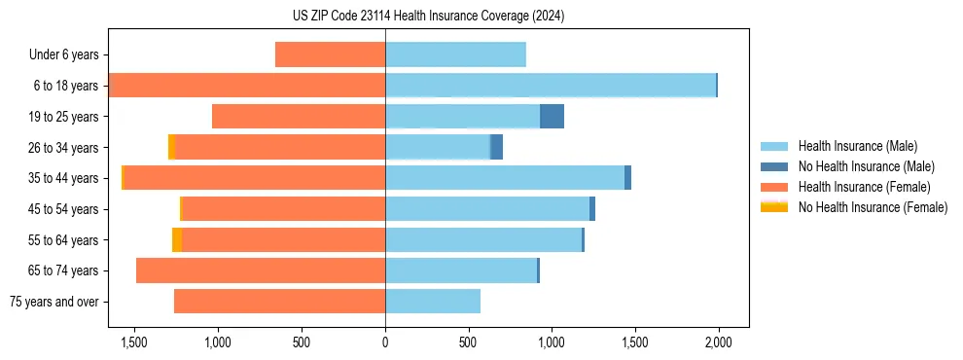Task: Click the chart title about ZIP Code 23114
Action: pyautogui.click(x=428, y=17)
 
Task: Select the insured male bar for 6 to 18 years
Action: pyautogui.click(x=551, y=86)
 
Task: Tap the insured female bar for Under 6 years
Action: pyautogui.click(x=331, y=54)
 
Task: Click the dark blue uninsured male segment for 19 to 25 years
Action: pyautogui.click(x=552, y=117)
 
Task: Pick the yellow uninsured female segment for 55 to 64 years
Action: pyautogui.click(x=177, y=239)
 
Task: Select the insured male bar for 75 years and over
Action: pyautogui.click(x=433, y=302)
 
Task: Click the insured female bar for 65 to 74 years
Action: pyautogui.click(x=261, y=270)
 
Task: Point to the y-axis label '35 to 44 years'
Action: pyautogui.click(x=64, y=178)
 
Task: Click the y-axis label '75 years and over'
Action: pyautogui.click(x=54, y=302)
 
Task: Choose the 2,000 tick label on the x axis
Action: pyautogui.click(x=719, y=342)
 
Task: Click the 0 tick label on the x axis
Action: pyautogui.click(x=385, y=342)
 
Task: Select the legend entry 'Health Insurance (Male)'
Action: pyautogui.click(x=856, y=146)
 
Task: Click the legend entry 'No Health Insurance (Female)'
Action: pyautogui.click(x=873, y=207)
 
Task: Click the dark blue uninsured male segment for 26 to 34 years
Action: pyautogui.click(x=496, y=147)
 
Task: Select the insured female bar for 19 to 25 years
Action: pyautogui.click(x=299, y=117)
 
